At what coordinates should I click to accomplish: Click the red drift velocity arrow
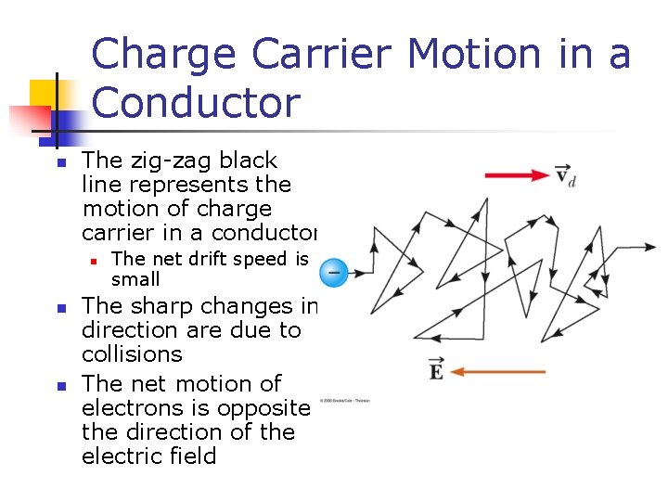click(517, 174)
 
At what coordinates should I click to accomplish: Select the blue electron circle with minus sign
click(333, 273)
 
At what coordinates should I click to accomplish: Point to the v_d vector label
click(565, 174)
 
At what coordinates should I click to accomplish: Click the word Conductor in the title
click(197, 103)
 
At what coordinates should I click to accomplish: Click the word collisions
click(132, 354)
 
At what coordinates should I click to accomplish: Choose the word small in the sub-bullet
click(135, 279)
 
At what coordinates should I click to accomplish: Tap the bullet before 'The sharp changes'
click(58, 307)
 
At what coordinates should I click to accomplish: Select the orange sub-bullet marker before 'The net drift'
click(93, 260)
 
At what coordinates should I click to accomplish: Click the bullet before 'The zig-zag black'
click(58, 162)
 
